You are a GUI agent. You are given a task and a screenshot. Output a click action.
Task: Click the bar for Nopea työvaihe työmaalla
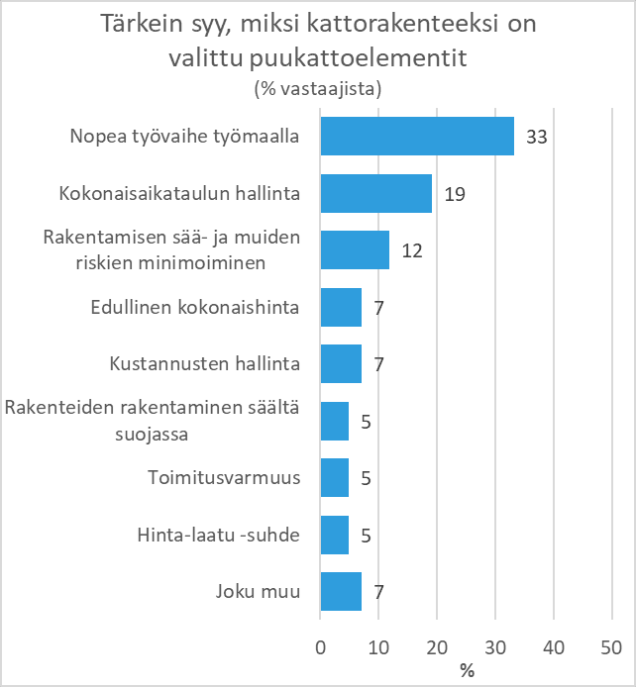click(x=417, y=136)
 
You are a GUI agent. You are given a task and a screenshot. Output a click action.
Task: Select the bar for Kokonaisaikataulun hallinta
click(x=376, y=193)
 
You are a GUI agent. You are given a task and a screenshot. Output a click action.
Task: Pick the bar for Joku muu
click(x=341, y=593)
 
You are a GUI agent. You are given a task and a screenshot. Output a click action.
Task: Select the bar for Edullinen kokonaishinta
click(x=341, y=307)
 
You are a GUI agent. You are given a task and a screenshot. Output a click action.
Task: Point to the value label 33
click(x=537, y=137)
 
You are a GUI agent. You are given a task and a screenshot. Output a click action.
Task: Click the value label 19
click(x=455, y=194)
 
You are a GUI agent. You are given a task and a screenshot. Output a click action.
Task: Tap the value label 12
click(x=412, y=250)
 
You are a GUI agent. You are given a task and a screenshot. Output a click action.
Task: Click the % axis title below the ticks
click(x=467, y=670)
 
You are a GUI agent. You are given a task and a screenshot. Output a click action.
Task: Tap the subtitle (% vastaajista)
click(x=318, y=88)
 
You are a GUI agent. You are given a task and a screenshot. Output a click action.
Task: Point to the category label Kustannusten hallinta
click(x=205, y=364)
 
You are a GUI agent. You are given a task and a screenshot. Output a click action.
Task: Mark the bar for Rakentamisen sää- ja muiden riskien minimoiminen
click(x=355, y=250)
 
